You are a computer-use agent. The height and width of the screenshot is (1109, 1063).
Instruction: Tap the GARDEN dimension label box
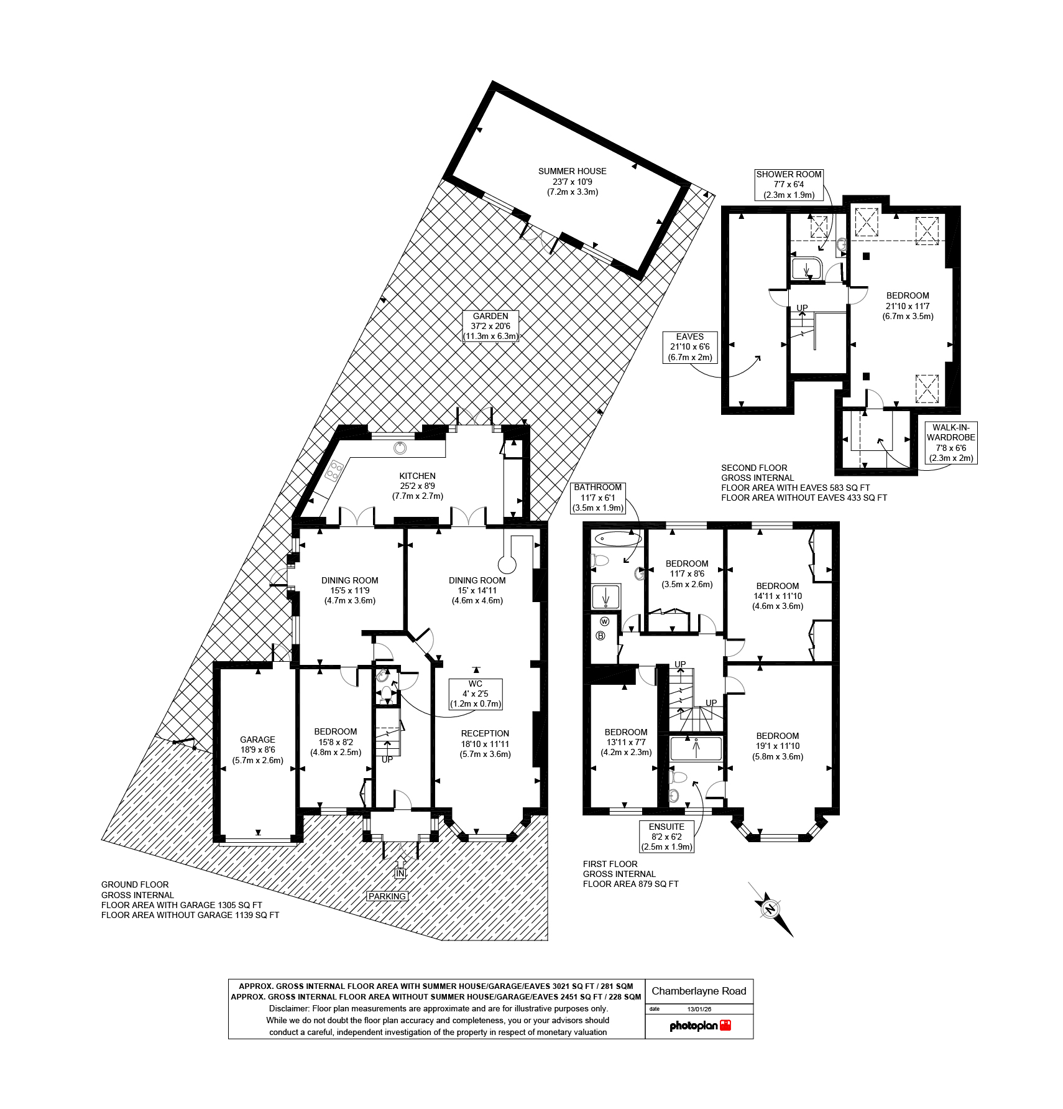tap(490, 326)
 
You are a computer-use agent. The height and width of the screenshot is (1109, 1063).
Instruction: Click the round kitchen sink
tap(400, 447)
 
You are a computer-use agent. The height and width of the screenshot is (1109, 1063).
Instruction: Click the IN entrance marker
tap(400, 873)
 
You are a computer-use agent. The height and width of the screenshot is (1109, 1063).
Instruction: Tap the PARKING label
tap(387, 896)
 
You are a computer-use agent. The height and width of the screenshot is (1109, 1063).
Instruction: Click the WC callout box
tap(476, 694)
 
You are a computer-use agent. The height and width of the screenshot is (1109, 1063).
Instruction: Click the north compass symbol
tap(771, 909)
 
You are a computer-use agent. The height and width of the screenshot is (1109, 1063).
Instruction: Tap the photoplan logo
tap(699, 1026)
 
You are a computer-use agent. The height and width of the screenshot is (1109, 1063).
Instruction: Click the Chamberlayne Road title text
tap(699, 991)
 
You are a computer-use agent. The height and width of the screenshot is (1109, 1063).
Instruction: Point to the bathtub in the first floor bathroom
tap(614, 538)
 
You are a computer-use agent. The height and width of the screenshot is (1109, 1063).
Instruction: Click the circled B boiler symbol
tap(601, 636)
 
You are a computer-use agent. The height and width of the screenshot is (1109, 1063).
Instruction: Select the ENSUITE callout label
tap(666, 837)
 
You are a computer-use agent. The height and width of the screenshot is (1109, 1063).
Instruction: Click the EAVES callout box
tap(689, 347)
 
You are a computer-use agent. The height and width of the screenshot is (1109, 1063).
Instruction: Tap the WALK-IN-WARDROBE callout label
tap(950, 442)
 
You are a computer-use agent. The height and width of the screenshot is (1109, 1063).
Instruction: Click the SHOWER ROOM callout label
tap(789, 184)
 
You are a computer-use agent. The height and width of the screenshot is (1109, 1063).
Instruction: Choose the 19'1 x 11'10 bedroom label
tap(778, 746)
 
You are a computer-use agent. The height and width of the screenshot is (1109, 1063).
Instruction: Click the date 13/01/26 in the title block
tap(699, 1009)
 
